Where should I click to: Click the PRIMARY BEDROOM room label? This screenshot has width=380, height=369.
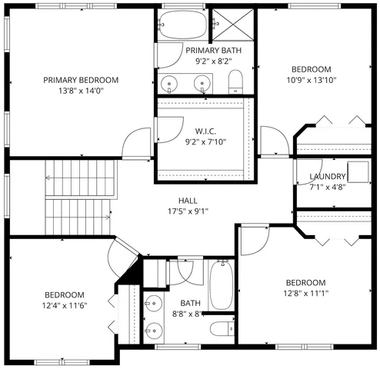coord(81,80)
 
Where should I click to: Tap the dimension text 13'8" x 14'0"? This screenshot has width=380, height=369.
coord(81,91)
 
